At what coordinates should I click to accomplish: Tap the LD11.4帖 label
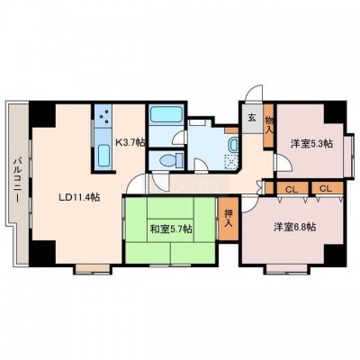click(x=79, y=197)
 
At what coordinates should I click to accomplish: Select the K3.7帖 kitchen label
click(x=130, y=141)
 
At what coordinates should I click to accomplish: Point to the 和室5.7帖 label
click(x=171, y=229)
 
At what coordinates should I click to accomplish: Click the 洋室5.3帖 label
click(x=311, y=143)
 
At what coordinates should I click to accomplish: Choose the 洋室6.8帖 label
click(x=294, y=227)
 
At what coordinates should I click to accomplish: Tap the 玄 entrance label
click(x=251, y=118)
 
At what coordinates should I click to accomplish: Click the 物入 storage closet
click(x=268, y=125)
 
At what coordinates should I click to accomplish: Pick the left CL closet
click(x=292, y=189)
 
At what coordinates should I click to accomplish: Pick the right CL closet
click(x=327, y=189)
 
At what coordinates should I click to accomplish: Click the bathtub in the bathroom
click(x=166, y=114)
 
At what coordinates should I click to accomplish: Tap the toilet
click(x=171, y=160)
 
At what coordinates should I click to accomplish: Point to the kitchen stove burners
click(x=103, y=116)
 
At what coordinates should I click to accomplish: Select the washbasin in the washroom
click(x=233, y=145)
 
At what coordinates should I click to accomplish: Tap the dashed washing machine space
click(x=231, y=162)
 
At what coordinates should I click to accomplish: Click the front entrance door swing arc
click(x=254, y=92)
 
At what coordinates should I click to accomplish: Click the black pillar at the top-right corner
click(x=335, y=111)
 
